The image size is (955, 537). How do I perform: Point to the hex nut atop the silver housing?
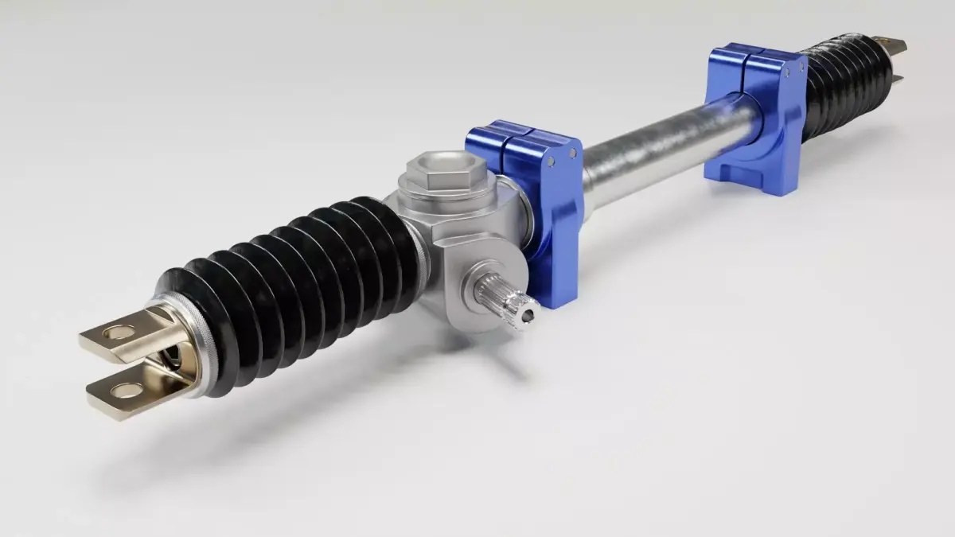pos(436,170)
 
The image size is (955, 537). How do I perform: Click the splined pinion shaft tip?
pos(509,303)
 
